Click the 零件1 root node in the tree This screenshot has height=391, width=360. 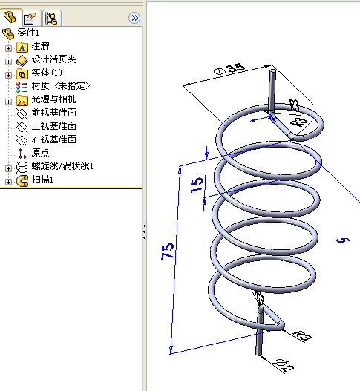pyautogui.click(x=28, y=33)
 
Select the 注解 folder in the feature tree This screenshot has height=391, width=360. pyautogui.click(x=40, y=46)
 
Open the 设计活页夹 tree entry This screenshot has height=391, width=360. pyautogui.click(x=53, y=59)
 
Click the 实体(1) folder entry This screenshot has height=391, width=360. pyautogui.click(x=47, y=73)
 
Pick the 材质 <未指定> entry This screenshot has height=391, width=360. pyautogui.click(x=61, y=86)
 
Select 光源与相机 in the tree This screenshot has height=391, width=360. pyautogui.click(x=53, y=99)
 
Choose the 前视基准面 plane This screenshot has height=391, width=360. pyautogui.click(x=53, y=113)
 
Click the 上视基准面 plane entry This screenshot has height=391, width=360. pyautogui.click(x=53, y=126)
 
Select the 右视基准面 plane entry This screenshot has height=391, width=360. pyautogui.click(x=53, y=139)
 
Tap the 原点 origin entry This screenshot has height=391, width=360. pyautogui.click(x=40, y=153)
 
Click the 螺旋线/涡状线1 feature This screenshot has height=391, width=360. pyautogui.click(x=62, y=166)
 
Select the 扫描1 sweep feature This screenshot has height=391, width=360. pyautogui.click(x=42, y=180)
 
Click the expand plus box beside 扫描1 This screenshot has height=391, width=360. pyautogui.click(x=8, y=182)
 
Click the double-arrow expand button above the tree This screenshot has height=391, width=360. pyautogui.click(x=134, y=18)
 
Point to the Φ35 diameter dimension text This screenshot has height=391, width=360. pyautogui.click(x=229, y=69)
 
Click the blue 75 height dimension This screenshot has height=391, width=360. pyautogui.click(x=168, y=252)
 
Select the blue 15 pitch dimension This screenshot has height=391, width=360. pyautogui.click(x=197, y=185)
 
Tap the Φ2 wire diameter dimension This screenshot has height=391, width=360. pyautogui.click(x=284, y=365)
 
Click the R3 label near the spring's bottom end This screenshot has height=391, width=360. pyautogui.click(x=302, y=335)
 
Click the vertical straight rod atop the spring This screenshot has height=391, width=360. pyautogui.click(x=272, y=91)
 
